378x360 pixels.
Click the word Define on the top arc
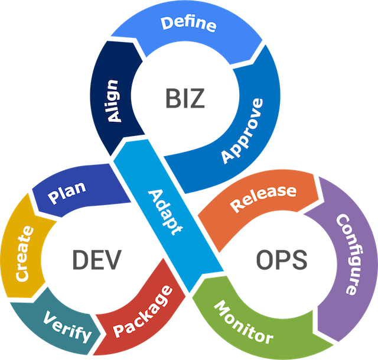click(x=188, y=24)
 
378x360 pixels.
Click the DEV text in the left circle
click(x=97, y=258)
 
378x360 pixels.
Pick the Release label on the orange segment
click(x=263, y=198)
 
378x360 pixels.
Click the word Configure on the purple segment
click(x=347, y=254)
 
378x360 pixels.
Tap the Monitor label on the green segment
click(x=243, y=322)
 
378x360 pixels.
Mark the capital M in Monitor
click(x=220, y=307)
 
